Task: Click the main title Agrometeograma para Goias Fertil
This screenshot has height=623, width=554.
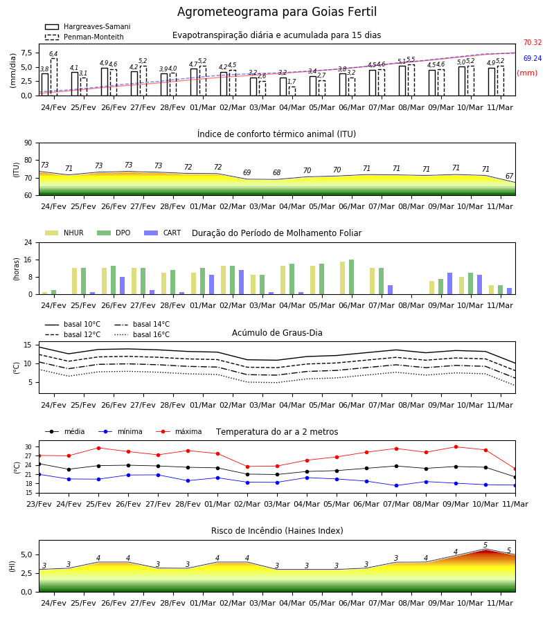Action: point(277,12)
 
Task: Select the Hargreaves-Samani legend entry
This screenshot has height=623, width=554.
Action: point(88,26)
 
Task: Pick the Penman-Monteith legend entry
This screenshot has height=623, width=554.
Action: point(84,37)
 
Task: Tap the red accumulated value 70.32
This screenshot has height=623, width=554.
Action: point(533,42)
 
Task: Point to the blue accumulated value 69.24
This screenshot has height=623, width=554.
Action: point(533,58)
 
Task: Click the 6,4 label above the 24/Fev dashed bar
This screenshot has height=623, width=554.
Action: point(53,53)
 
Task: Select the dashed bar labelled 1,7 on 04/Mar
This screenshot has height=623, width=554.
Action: point(292,91)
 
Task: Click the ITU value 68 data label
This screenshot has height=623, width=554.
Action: point(276,172)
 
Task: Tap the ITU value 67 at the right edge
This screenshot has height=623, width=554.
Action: point(509,176)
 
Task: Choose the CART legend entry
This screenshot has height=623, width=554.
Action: point(163,233)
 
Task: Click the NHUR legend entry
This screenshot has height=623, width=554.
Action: point(64,233)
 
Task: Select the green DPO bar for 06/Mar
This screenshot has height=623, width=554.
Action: point(351,277)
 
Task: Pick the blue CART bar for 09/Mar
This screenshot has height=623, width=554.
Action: point(449,284)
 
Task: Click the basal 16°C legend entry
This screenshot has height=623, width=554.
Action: point(142,334)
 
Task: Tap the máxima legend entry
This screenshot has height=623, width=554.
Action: point(179,431)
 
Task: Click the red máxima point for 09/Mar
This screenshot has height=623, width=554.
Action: point(456,447)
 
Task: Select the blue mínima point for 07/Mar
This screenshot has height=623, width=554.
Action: point(396,485)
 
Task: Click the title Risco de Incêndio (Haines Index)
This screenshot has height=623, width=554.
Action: point(277,531)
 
